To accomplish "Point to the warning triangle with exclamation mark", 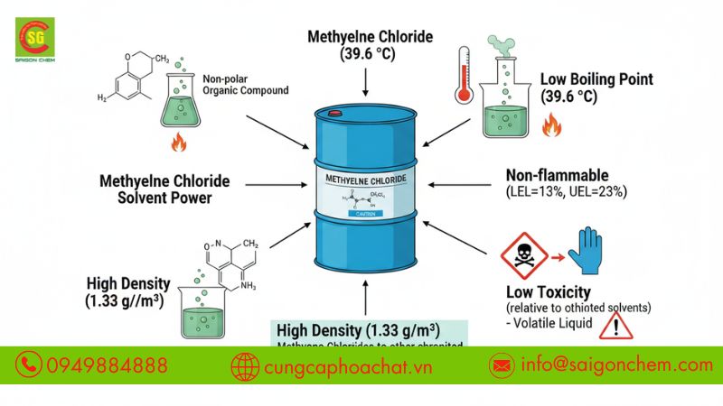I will pos(616,324).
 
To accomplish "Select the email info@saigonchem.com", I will pos(615,364).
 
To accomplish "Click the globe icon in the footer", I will pos(245,365).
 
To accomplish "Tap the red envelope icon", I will pos(500,365).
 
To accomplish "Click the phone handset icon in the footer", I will pos(30,364).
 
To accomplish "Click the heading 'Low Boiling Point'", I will pos(596,78).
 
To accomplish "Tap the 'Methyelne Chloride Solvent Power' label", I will pos(164,189).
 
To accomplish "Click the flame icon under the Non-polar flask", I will pos(178,143).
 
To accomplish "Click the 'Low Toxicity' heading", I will pos(549,291).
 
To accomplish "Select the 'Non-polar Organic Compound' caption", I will pos(246,84).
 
